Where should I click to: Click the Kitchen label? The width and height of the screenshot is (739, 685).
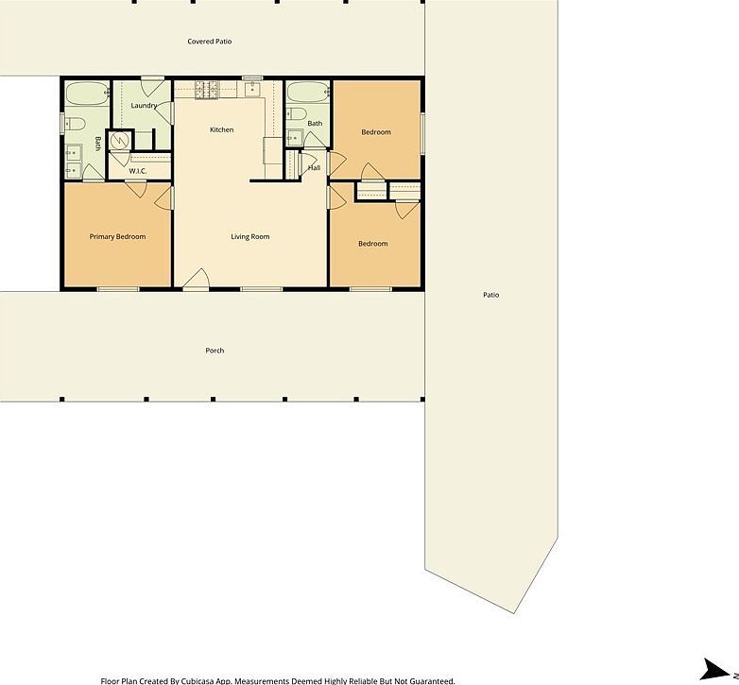click(221, 129)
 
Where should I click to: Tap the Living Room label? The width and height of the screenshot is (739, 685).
click(250, 236)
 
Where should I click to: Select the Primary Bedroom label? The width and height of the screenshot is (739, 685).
click(117, 236)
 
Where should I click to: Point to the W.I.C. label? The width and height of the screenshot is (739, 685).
click(137, 171)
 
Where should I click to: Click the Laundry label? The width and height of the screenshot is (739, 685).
click(144, 106)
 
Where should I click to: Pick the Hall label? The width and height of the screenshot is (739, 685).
click(315, 168)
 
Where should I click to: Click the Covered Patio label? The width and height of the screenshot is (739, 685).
click(209, 42)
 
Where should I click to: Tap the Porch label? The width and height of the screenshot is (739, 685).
click(215, 351)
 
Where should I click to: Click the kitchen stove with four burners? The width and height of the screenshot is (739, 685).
click(207, 91)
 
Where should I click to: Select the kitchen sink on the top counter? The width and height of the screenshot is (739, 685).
click(251, 91)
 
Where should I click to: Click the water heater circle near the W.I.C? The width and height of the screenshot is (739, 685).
click(120, 141)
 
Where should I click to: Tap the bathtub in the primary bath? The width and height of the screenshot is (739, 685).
click(86, 94)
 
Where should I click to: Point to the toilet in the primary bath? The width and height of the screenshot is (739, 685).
click(76, 123)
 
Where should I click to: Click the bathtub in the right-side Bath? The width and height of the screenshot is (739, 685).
click(307, 93)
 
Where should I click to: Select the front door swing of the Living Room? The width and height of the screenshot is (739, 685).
click(196, 278)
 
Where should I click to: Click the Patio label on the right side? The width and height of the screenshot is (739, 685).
click(490, 295)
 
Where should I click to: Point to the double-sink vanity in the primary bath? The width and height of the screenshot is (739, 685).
click(73, 159)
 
